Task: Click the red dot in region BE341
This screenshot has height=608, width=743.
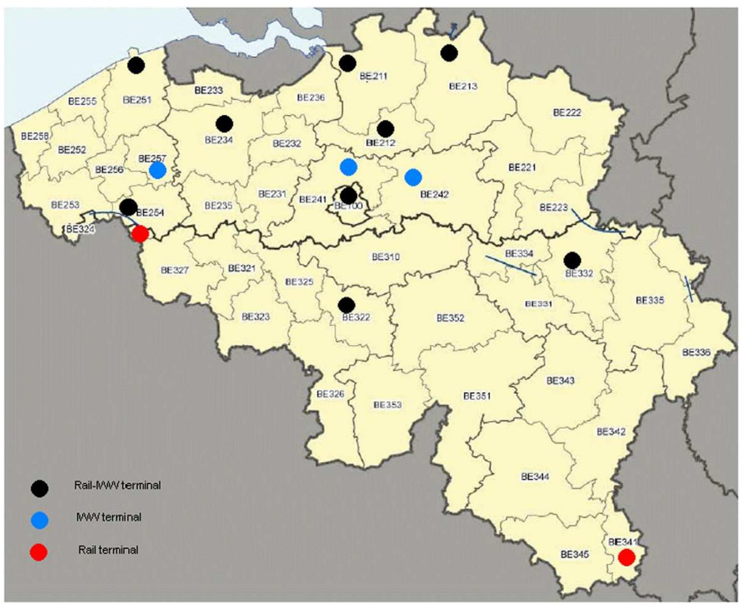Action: (626, 557)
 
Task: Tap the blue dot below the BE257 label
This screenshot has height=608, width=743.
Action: (158, 170)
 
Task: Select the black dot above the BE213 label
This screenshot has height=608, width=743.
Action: (449, 53)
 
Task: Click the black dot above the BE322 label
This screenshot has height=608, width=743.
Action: (346, 305)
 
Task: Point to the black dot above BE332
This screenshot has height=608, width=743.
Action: (573, 260)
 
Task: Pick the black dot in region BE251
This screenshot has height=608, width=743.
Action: (136, 65)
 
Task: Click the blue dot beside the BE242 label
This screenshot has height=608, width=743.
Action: (413, 178)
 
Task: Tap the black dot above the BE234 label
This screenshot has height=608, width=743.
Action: (225, 124)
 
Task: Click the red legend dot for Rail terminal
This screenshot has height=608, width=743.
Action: (39, 552)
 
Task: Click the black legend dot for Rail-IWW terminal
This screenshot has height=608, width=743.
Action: (40, 488)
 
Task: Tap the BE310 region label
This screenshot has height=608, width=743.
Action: (385, 257)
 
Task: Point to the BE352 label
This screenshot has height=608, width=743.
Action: (450, 318)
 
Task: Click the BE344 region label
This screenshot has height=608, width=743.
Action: (535, 477)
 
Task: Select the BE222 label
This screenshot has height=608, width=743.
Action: (567, 113)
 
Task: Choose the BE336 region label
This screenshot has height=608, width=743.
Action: (696, 353)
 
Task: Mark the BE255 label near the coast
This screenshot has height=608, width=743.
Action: (82, 101)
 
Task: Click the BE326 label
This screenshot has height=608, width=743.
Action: (330, 394)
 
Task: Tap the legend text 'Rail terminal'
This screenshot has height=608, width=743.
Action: (108, 550)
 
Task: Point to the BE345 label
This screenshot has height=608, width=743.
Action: (575, 554)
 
